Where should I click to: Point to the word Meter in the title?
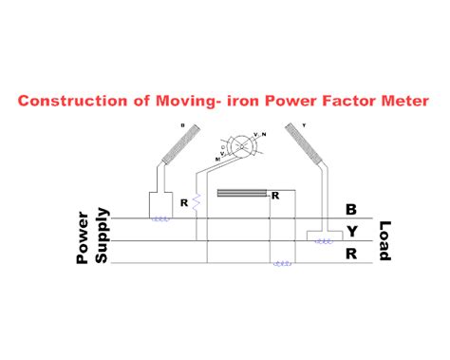point(403,100)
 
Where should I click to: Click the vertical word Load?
point(384,242)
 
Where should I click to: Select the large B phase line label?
point(351,209)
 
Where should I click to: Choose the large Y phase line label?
point(351,231)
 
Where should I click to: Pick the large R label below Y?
point(351,253)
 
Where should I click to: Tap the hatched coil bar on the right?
point(306,142)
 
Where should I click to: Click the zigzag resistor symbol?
point(197,201)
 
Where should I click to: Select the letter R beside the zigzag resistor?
point(186,201)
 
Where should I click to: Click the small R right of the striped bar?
point(274,196)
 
